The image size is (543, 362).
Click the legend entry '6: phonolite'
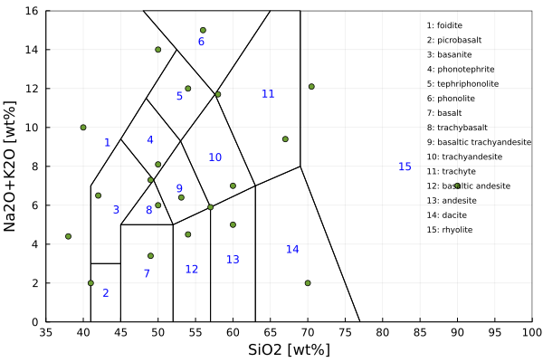(x=450, y=99)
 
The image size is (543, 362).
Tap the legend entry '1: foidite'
(x=444, y=25)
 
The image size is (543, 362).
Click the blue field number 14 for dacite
(x=292, y=249)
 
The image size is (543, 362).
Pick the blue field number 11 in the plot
(x=268, y=94)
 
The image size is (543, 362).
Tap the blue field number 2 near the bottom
(x=106, y=292)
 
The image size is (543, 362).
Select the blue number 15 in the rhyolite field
(x=405, y=167)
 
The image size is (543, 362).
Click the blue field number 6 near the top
(x=201, y=42)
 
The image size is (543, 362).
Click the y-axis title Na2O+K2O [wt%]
(x=11, y=167)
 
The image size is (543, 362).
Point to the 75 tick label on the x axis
(x=345, y=332)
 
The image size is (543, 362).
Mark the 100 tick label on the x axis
(x=532, y=332)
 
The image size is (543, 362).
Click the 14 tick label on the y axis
(x=32, y=50)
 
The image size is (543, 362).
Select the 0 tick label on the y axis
(x=35, y=322)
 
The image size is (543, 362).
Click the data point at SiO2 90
(x=457, y=186)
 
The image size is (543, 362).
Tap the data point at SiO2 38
(x=68, y=236)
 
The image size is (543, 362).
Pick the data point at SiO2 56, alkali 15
(x=203, y=30)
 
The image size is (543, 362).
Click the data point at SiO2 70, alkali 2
(x=308, y=283)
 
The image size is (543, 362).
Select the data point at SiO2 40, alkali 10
(x=83, y=128)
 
